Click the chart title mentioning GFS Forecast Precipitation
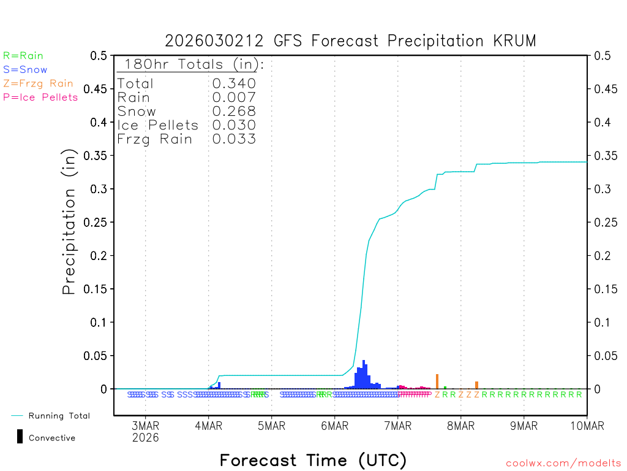350,41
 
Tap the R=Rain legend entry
23,56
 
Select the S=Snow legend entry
25,70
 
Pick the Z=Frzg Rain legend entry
38,83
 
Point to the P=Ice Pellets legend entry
40,97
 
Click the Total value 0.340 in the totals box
234,83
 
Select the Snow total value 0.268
234,111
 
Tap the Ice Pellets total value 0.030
234,125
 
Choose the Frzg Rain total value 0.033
234,139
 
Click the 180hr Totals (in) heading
191,65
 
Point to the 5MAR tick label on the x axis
271,426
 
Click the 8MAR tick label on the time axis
460,426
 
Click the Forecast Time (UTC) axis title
313,460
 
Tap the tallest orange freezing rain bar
437,381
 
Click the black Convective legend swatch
20,437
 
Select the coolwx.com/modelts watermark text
563,464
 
